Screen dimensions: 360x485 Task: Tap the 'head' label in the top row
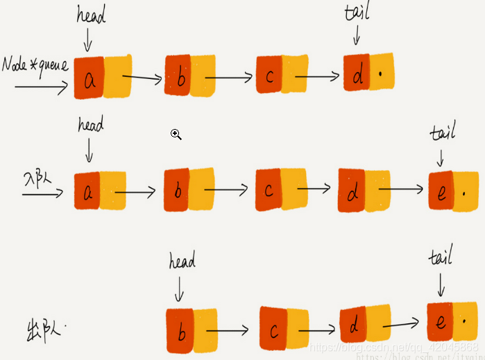click(91, 16)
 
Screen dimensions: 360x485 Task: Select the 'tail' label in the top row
click(357, 12)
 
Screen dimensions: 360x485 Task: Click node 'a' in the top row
click(90, 78)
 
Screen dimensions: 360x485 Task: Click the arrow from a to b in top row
click(146, 78)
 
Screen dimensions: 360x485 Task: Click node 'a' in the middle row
click(88, 191)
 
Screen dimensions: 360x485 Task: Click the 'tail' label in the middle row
click(442, 132)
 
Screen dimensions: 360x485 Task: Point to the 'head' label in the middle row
click(91, 125)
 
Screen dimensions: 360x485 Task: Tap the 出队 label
click(41, 327)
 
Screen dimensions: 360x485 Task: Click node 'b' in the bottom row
click(180, 331)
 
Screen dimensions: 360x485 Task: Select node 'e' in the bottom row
click(441, 322)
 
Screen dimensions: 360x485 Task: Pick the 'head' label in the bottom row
click(182, 261)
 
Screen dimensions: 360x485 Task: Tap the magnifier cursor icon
click(176, 135)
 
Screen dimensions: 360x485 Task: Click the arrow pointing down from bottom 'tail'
click(441, 284)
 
